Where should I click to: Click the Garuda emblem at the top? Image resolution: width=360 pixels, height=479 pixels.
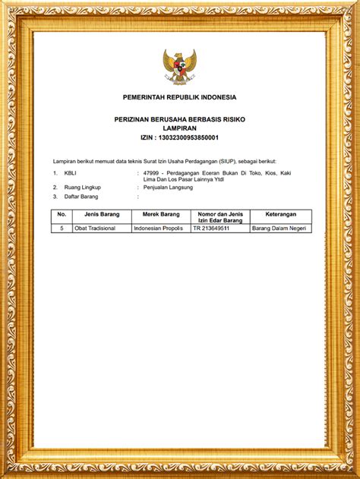click(179, 67)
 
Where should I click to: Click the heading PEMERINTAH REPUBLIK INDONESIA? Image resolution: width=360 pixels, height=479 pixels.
click(180, 97)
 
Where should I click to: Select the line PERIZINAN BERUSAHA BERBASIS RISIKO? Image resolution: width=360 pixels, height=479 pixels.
click(180, 120)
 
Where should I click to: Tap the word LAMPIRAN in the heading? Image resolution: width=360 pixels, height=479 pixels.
click(180, 128)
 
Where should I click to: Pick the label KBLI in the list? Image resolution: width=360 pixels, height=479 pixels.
click(71, 173)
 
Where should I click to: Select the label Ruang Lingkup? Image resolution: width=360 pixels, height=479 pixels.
click(82, 187)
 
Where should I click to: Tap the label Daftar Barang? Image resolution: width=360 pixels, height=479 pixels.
click(81, 197)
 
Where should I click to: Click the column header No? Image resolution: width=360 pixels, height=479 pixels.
click(62, 214)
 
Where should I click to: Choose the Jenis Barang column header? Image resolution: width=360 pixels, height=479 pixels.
click(101, 214)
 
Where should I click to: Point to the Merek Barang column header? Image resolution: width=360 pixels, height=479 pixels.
click(160, 214)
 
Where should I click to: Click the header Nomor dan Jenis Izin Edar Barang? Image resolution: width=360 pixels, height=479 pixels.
click(219, 217)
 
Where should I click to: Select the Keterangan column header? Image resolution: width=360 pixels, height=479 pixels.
click(280, 214)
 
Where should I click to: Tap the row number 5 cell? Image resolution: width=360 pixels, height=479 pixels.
click(62, 228)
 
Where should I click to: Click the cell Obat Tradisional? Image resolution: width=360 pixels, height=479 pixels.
click(95, 228)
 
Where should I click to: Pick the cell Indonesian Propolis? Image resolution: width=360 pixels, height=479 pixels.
click(158, 228)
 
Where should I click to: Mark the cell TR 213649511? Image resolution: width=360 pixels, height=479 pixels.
click(211, 228)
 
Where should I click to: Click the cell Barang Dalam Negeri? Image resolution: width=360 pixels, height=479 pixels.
click(280, 228)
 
